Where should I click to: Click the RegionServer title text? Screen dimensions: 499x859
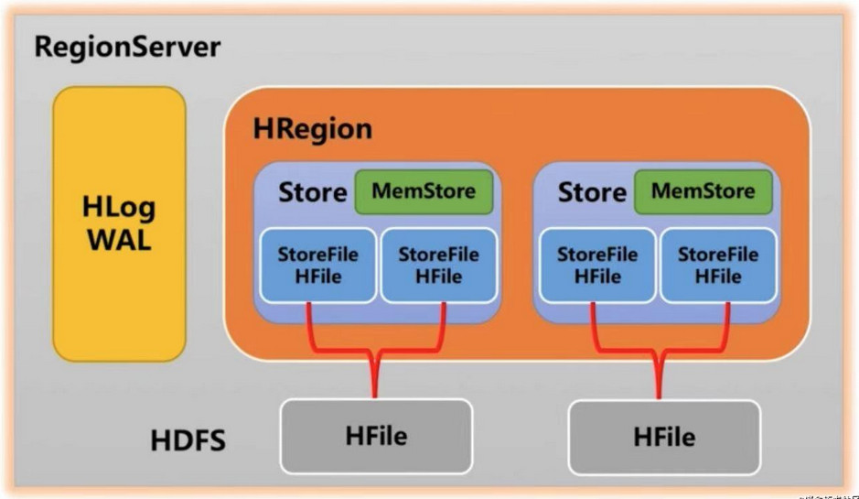[x=127, y=47]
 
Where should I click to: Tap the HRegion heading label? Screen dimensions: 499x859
[x=313, y=129]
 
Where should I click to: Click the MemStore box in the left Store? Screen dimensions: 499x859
[x=424, y=192]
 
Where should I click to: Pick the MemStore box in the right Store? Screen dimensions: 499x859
[x=703, y=192]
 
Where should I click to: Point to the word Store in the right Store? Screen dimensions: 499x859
[x=592, y=193]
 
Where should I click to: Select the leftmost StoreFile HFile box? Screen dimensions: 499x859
[x=317, y=266]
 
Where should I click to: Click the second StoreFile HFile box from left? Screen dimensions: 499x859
[x=438, y=266]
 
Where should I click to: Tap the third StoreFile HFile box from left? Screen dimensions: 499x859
[x=597, y=266]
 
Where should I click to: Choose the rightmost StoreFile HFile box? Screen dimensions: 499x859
[x=718, y=266]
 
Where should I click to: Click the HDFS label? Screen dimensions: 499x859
[x=188, y=440]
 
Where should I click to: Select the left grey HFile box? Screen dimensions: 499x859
[x=376, y=436]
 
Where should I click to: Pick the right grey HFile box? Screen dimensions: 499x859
[x=663, y=436]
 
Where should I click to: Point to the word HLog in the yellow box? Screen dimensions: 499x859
[x=119, y=207]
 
